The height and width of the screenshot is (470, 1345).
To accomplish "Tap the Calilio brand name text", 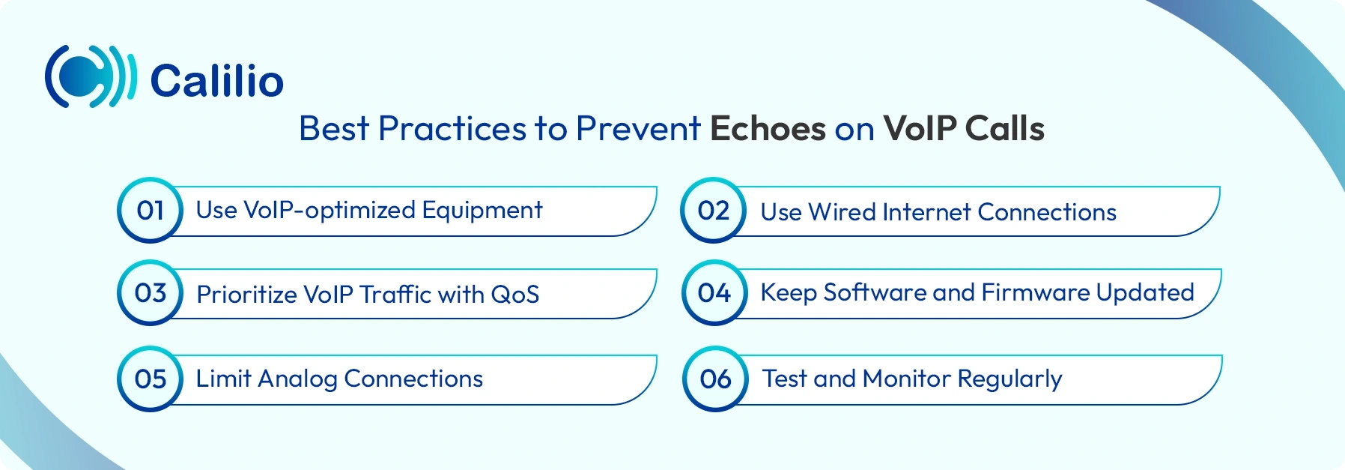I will coord(217,81).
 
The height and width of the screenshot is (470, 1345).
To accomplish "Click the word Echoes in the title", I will coord(768,129).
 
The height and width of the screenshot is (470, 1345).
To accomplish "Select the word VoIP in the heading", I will coord(920,129).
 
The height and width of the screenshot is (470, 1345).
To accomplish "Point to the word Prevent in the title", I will coord(637,129).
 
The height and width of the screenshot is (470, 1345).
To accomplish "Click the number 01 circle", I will coord(151,211).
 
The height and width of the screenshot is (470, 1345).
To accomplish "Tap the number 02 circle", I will coord(714,211).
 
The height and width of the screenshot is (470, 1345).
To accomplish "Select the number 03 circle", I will coord(151,293).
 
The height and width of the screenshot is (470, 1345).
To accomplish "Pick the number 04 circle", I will coord(714,293).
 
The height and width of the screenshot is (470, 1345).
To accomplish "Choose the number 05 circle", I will coord(151,379).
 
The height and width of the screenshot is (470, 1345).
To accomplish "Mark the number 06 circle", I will coord(715,379).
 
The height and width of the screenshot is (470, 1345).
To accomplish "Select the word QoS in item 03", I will coord(514,295).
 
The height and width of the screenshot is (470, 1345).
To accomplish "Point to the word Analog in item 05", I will coord(297,379).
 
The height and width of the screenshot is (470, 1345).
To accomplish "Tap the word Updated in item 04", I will coord(1145,293).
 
